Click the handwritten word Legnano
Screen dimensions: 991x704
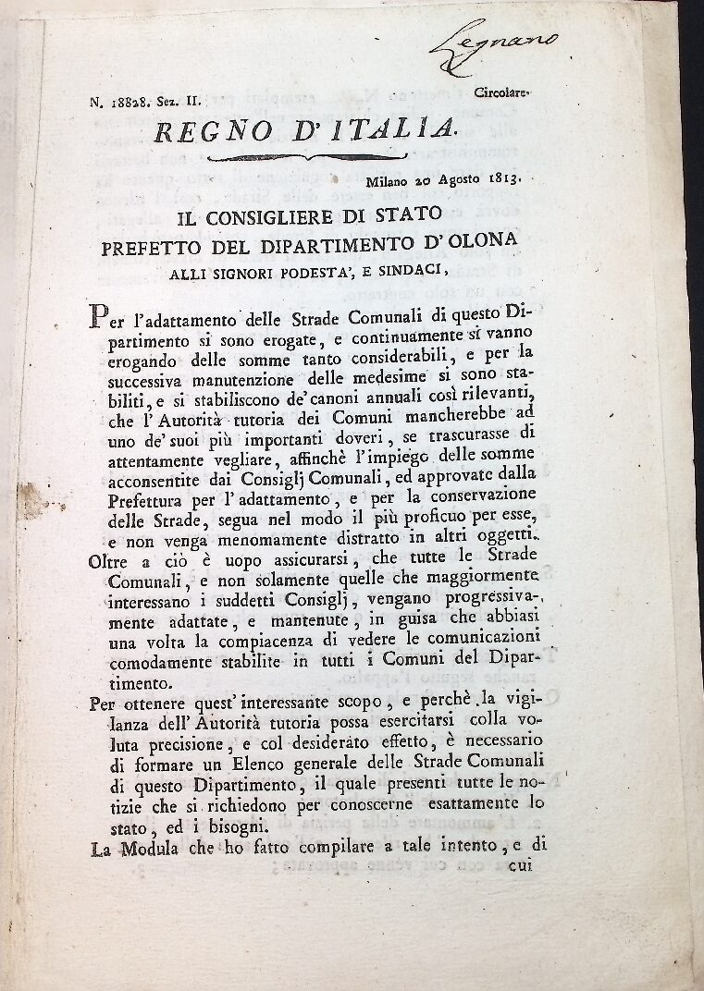[508, 42]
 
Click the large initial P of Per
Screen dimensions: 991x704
[98, 318]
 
